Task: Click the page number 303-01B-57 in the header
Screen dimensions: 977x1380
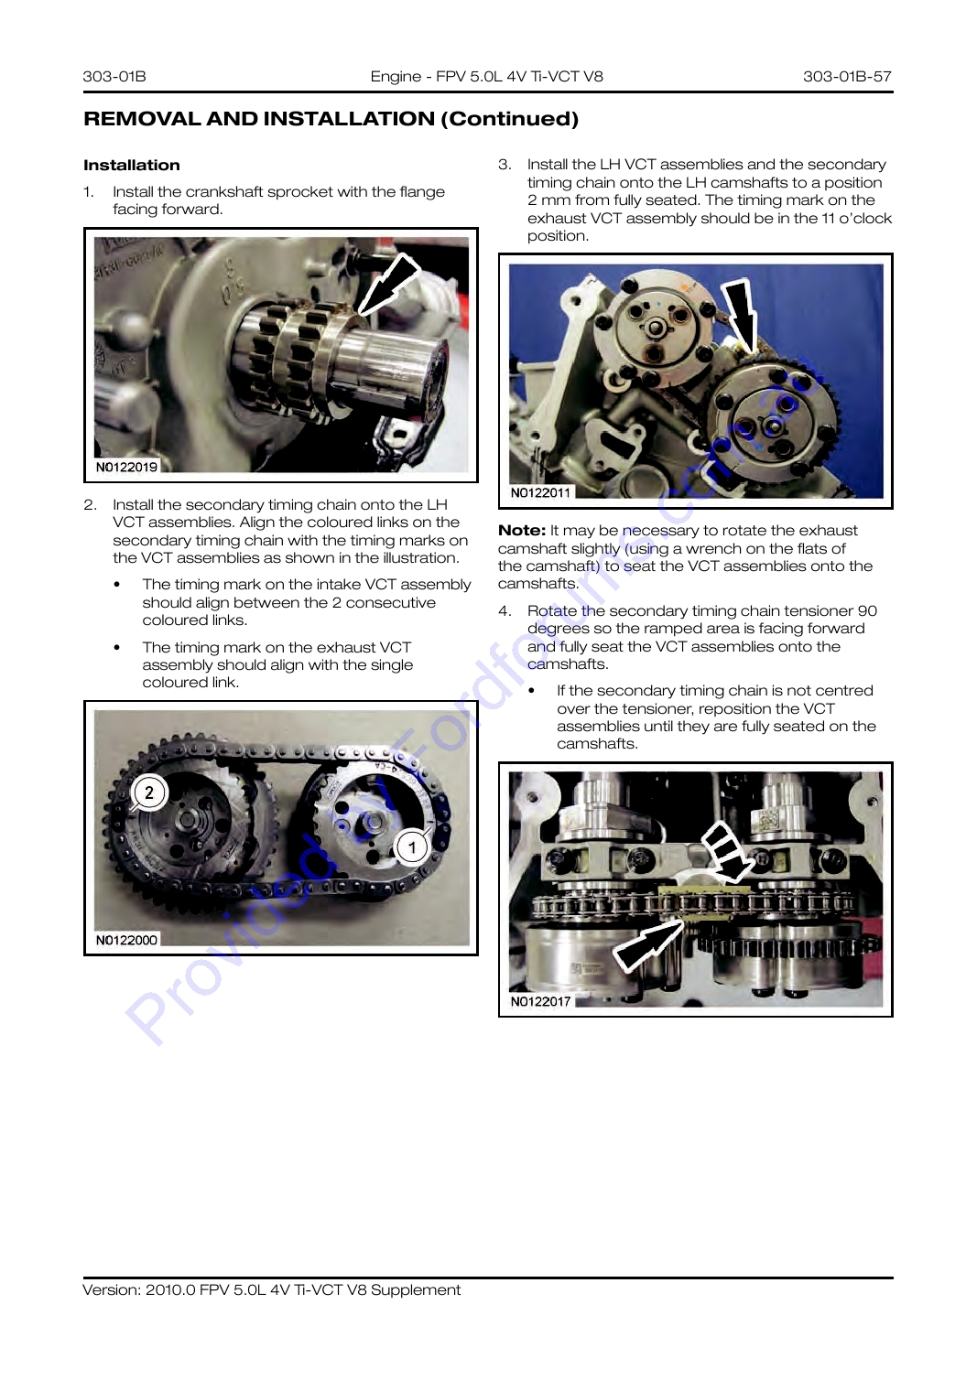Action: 847,76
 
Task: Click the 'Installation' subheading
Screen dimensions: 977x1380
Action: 131,165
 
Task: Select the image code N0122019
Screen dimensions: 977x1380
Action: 126,467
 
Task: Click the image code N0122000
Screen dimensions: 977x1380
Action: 126,940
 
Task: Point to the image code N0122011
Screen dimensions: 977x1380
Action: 540,492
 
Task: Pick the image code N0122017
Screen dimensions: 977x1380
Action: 540,1001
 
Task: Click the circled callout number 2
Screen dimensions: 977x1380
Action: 149,792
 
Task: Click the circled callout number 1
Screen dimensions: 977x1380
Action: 412,847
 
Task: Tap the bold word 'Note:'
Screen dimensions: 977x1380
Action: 522,531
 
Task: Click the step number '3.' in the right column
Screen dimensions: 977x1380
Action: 505,165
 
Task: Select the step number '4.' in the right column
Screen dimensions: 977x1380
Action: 505,611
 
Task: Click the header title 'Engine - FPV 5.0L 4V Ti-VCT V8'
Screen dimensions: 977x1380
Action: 486,76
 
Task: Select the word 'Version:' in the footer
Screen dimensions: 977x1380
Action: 111,1289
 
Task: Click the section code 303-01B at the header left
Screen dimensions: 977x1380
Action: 114,76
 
